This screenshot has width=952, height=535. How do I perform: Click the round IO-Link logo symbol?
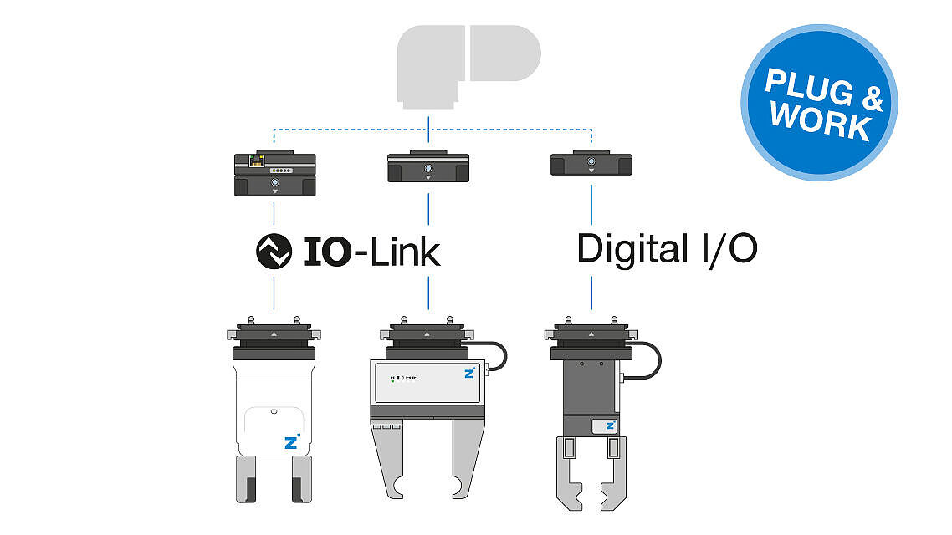[274, 250]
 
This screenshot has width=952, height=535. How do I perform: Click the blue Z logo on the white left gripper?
[291, 442]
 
